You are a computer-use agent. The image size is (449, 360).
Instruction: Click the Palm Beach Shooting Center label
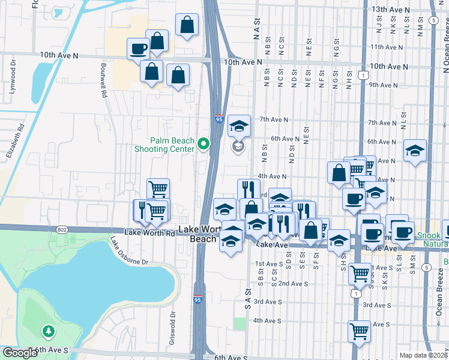tap(164, 144)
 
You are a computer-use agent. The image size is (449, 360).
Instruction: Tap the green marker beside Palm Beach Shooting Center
tap(203, 144)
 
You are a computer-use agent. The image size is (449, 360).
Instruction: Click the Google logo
tap(19, 353)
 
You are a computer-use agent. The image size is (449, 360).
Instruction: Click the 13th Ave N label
tap(390, 10)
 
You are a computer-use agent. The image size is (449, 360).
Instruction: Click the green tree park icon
tap(48, 331)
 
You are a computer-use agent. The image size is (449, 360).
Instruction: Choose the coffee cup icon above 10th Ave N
tap(138, 47)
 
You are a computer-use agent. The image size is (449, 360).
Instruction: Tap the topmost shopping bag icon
tap(187, 25)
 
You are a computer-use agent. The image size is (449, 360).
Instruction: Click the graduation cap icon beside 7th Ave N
tap(239, 125)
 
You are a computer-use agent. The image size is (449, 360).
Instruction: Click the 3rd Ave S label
tap(268, 301)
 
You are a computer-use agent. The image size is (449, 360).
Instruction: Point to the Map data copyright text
tap(423, 355)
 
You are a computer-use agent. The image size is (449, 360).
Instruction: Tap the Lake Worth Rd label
tap(150, 232)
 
